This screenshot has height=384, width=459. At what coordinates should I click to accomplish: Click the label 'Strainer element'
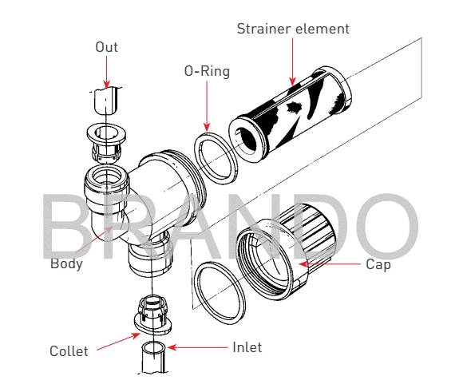[x=293, y=29]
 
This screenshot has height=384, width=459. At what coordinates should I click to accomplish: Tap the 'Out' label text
[x=106, y=47]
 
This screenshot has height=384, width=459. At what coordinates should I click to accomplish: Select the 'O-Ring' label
[x=207, y=71]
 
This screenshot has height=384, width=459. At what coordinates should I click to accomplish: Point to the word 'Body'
[x=66, y=263]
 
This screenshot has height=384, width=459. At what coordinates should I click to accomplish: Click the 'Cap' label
[x=378, y=264]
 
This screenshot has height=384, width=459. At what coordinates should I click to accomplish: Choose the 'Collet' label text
[x=69, y=351]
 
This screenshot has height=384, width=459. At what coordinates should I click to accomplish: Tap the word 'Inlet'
[x=247, y=347]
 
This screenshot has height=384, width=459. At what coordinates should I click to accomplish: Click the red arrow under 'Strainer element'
[x=292, y=62]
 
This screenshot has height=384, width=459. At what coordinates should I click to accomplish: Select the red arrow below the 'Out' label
[x=106, y=72]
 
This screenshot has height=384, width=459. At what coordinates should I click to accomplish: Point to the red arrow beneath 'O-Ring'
[x=207, y=106]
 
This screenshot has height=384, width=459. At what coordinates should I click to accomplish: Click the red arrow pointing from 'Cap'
[x=330, y=264]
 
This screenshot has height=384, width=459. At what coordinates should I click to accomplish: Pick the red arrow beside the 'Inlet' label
[x=197, y=347]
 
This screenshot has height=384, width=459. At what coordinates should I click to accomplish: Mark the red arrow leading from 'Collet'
[x=118, y=342]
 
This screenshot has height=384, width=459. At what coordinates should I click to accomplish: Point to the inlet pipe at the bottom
[x=154, y=357]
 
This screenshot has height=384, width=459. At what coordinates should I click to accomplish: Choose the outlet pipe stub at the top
[x=106, y=101]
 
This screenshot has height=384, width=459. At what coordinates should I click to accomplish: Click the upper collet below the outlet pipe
[x=106, y=142]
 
